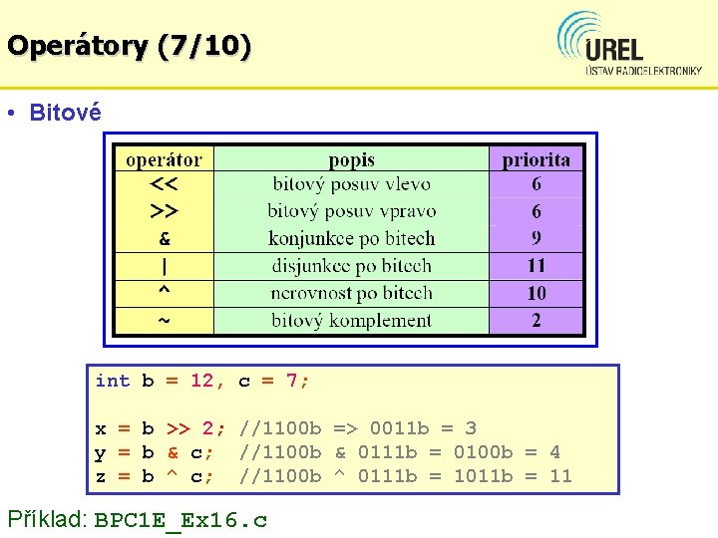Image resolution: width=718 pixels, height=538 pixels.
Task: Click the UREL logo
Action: click(629, 45)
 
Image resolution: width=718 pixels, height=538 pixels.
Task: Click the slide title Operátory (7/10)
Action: click(129, 45)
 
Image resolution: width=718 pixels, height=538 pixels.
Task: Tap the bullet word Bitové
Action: click(65, 113)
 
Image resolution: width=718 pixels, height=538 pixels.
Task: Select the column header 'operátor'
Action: click(164, 159)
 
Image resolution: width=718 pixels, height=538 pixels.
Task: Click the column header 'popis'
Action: click(351, 159)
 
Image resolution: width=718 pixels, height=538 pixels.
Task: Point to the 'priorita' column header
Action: click(537, 159)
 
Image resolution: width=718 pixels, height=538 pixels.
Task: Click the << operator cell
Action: click(165, 184)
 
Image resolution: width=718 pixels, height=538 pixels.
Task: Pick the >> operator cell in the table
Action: click(165, 211)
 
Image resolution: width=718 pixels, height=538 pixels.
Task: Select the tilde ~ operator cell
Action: click(165, 320)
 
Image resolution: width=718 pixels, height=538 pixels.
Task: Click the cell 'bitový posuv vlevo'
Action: click(351, 184)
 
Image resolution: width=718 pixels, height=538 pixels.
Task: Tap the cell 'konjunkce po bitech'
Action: click(351, 238)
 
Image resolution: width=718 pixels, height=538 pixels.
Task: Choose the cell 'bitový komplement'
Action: click(351, 320)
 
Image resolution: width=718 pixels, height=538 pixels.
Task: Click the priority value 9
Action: click(537, 238)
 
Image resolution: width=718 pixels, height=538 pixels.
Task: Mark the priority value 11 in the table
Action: click(537, 266)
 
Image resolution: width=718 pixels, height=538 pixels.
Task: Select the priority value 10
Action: click(537, 293)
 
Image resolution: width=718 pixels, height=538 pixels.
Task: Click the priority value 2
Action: click(537, 320)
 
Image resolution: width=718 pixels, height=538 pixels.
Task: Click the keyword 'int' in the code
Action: click(112, 381)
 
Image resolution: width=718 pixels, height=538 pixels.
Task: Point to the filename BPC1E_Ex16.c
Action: click(180, 519)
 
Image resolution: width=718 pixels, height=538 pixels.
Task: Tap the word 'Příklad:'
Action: click(47, 518)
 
